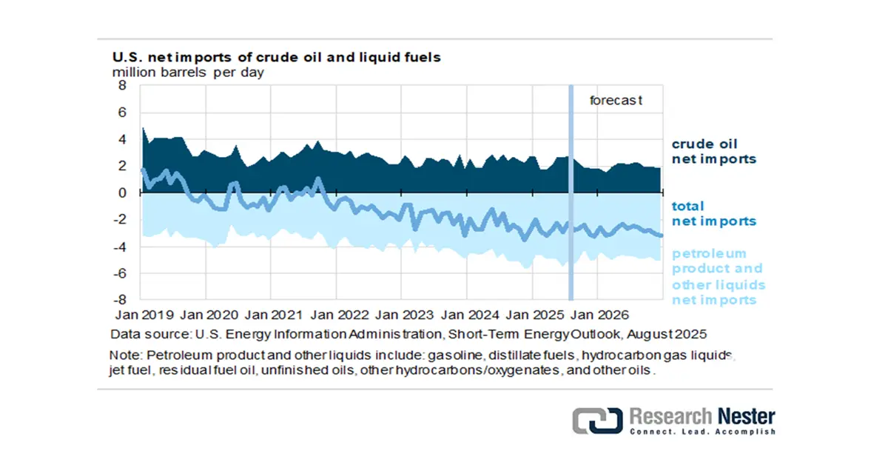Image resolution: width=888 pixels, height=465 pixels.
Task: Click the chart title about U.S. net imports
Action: (x=276, y=57)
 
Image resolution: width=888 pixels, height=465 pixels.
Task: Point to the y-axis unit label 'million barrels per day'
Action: (x=188, y=73)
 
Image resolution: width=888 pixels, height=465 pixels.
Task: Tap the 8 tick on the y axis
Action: (x=123, y=86)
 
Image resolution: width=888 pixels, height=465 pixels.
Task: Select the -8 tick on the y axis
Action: (x=121, y=301)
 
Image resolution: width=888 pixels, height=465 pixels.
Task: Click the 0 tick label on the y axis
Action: (x=123, y=193)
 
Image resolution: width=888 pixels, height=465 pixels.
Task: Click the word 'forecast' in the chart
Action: (x=616, y=100)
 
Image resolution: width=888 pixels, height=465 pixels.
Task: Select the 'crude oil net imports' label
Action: (x=713, y=151)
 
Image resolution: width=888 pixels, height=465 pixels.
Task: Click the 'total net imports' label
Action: (x=713, y=213)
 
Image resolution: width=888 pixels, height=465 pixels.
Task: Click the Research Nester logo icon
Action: (x=596, y=420)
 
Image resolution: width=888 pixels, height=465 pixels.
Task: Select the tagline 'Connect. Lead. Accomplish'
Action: (x=702, y=432)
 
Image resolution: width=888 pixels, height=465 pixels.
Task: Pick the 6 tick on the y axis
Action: (x=123, y=113)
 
